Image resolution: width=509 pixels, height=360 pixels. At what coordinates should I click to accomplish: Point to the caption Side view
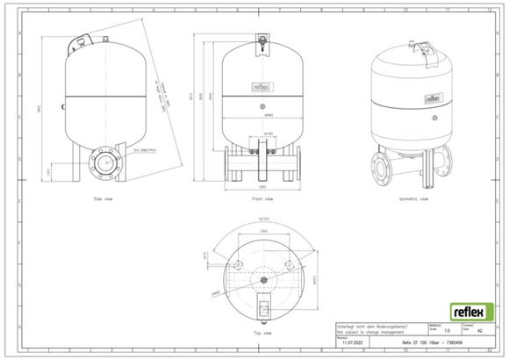(x=104, y=200)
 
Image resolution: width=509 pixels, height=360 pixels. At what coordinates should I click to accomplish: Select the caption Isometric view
(x=412, y=200)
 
